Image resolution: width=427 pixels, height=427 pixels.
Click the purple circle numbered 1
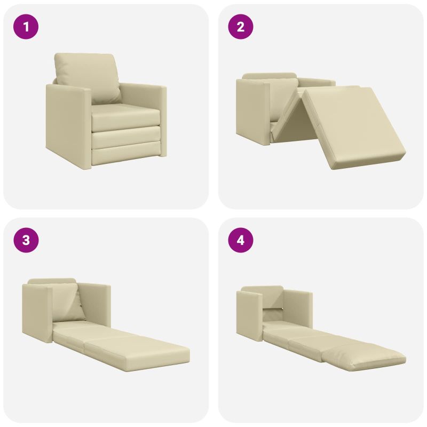pyautogui.click(x=26, y=27)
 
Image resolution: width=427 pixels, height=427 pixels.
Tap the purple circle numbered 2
pyautogui.click(x=241, y=27)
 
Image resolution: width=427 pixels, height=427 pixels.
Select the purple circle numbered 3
pyautogui.click(x=26, y=240)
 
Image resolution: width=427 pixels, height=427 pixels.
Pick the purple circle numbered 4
pyautogui.click(x=241, y=240)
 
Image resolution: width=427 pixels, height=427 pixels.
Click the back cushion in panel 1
pyautogui.click(x=87, y=77)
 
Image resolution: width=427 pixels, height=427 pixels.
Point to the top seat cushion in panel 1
pyautogui.click(x=125, y=116)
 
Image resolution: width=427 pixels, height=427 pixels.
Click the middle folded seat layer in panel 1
pyautogui.click(x=126, y=137)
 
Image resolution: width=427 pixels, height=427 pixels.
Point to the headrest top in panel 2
pyautogui.click(x=269, y=75)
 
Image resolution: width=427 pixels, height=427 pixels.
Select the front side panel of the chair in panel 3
pyautogui.click(x=36, y=313)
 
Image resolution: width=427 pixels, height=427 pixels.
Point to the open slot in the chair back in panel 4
pyautogui.click(x=273, y=310)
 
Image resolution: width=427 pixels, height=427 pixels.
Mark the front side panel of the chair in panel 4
pyautogui.click(x=249, y=316)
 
